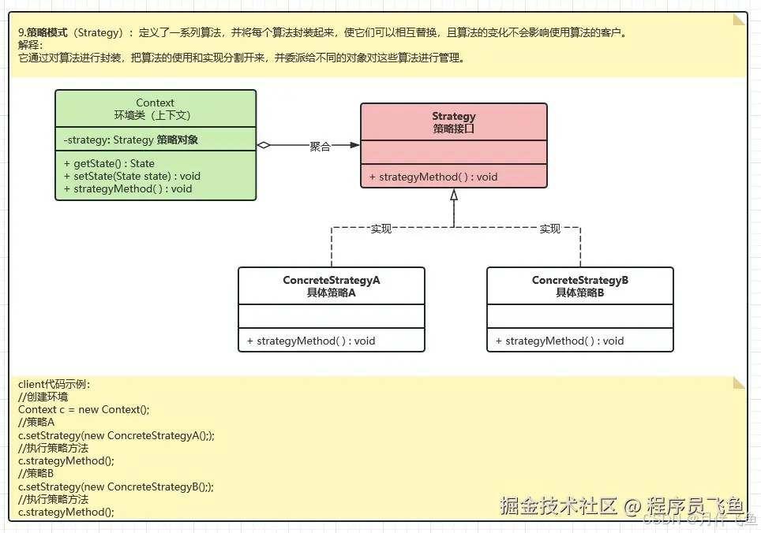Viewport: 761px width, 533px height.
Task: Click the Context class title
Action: point(155,102)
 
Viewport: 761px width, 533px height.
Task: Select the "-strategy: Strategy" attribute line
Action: point(130,141)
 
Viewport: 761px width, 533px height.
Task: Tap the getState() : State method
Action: point(109,164)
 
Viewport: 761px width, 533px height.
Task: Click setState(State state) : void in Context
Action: point(132,177)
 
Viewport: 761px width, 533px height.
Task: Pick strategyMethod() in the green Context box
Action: point(127,189)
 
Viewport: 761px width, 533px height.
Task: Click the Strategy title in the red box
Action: point(454,117)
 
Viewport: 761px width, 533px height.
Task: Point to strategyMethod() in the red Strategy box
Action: point(433,177)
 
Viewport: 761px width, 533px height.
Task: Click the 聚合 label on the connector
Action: point(320,147)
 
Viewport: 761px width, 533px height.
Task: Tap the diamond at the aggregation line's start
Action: point(264,145)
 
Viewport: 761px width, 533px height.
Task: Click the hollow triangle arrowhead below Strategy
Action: point(454,196)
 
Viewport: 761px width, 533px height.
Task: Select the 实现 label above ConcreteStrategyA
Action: point(381,229)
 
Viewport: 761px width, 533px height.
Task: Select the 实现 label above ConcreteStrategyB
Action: point(549,229)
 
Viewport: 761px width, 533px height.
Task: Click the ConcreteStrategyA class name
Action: point(332,281)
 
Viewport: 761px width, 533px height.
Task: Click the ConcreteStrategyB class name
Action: point(580,281)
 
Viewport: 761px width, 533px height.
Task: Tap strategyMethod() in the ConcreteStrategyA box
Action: point(310,341)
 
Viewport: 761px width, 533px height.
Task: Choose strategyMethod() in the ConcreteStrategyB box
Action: point(559,341)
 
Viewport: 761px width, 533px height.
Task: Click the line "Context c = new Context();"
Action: point(84,409)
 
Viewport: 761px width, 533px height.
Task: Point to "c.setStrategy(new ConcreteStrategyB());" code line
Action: point(115,486)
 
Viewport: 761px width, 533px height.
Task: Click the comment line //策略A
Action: point(36,422)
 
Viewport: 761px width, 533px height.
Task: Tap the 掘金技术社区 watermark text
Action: point(558,506)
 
